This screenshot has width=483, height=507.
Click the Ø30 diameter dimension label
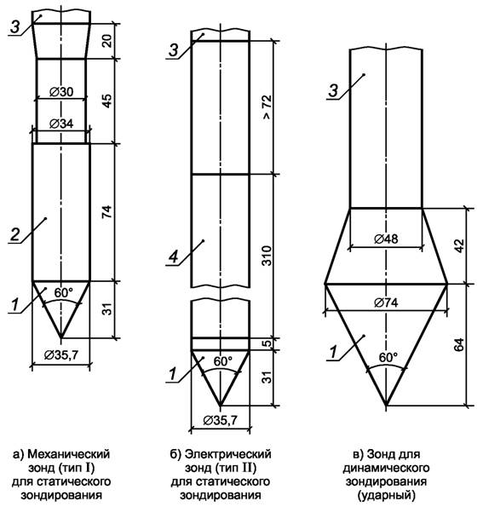(61, 92)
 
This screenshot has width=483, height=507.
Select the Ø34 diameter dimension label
(61, 124)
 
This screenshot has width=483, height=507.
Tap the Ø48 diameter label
(386, 239)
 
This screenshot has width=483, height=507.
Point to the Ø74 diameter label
(386, 302)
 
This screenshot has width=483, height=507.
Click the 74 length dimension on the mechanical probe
(107, 211)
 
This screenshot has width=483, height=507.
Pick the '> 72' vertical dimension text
(267, 107)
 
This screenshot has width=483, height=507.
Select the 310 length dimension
(267, 256)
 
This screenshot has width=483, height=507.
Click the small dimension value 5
(267, 343)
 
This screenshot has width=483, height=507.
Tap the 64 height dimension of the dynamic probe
(459, 345)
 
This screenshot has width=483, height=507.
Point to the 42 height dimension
(459, 246)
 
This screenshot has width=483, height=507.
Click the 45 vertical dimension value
(107, 101)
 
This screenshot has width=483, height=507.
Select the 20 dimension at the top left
(107, 41)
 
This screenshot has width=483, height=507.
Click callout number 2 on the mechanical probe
(14, 234)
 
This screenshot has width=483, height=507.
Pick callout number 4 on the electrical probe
(174, 257)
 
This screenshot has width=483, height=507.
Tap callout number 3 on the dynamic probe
(333, 91)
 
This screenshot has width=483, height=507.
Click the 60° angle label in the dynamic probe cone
(388, 358)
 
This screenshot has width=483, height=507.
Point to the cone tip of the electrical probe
(220, 405)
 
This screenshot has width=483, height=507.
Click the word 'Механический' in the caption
(68, 455)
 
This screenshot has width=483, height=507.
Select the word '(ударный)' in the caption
(386, 496)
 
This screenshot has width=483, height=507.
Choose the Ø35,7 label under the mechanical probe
(61, 355)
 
